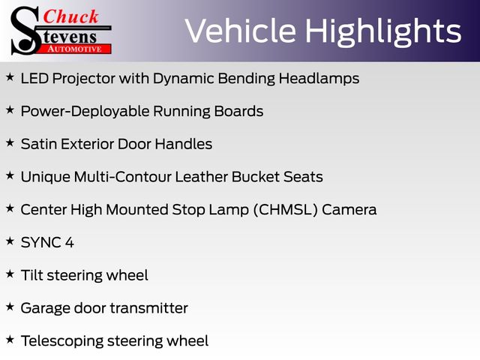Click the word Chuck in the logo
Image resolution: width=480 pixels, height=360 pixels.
coord(70,16)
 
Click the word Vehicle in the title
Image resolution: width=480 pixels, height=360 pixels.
coord(241,31)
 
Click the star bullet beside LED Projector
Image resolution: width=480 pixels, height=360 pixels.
coord(10,76)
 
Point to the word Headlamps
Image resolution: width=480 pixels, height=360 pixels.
coord(319,78)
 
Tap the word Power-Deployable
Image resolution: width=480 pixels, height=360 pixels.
coord(85,112)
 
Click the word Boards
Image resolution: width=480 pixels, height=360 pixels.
coord(238,111)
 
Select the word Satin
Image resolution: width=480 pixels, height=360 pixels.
coord(38,144)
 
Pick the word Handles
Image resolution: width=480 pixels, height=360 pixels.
coord(183,144)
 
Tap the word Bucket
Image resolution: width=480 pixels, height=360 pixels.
coord(256,177)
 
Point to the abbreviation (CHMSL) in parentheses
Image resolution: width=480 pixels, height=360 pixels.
coord(286,210)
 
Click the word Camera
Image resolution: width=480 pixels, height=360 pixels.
coord(349,210)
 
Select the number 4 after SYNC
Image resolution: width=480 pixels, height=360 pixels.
coord(70,242)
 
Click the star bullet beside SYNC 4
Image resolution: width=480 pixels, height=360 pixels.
coord(10,241)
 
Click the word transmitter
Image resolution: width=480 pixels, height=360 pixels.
coord(149,308)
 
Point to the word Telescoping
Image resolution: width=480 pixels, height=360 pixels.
coord(62,341)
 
